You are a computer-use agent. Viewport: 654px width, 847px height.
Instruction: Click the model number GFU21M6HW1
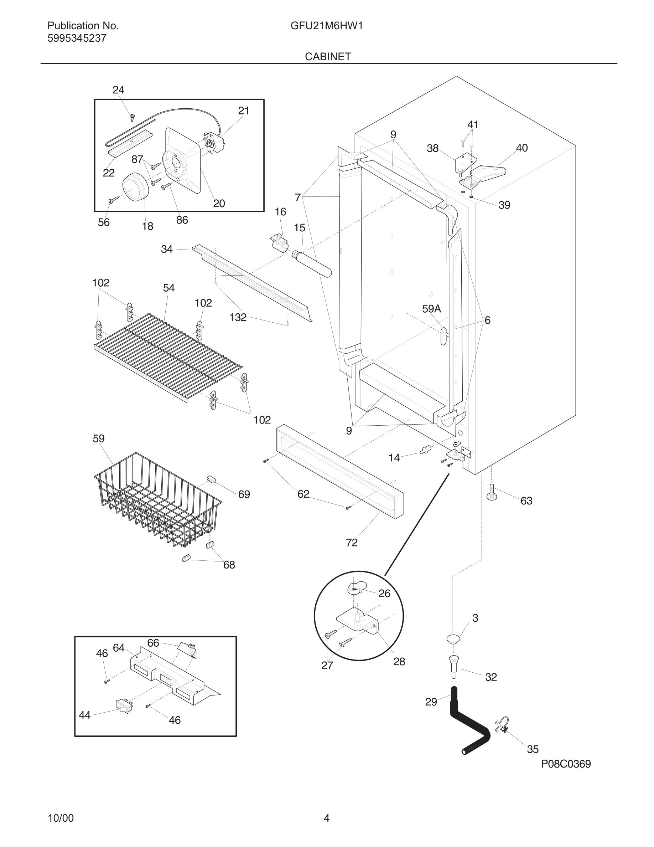tap(327, 26)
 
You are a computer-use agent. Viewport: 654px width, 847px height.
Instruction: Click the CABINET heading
tap(328, 57)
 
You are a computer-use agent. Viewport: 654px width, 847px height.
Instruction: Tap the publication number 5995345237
tap(77, 38)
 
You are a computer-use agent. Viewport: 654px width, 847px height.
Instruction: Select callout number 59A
tap(431, 309)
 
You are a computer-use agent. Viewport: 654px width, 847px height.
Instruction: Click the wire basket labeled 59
tap(155, 500)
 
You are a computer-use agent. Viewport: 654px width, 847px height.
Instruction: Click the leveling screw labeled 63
tap(491, 493)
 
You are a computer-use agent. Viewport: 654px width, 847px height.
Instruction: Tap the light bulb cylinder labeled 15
tap(312, 263)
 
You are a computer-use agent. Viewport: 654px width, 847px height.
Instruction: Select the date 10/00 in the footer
tap(61, 818)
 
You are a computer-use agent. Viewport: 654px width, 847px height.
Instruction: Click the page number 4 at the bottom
tap(327, 818)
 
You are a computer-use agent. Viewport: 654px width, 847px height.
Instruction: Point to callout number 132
tap(238, 317)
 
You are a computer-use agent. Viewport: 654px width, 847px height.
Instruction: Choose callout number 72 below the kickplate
tap(352, 543)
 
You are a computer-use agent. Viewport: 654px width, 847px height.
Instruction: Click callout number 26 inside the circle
tap(384, 594)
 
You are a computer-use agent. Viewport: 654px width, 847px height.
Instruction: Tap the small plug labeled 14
tap(425, 450)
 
